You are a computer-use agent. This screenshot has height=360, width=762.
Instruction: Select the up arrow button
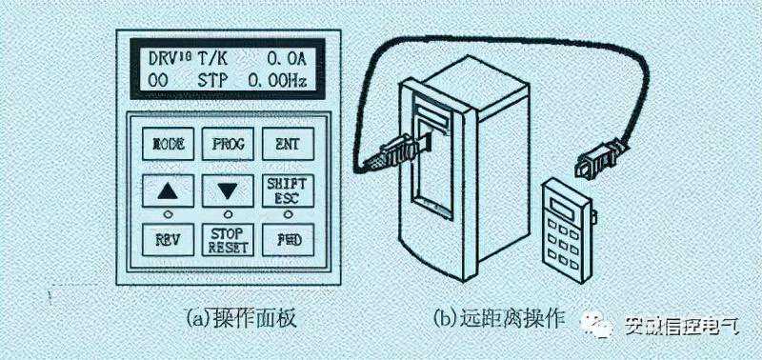coord(169,190)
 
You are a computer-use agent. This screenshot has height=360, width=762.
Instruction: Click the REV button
coord(169,239)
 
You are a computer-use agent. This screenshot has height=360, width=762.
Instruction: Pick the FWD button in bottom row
coord(285,239)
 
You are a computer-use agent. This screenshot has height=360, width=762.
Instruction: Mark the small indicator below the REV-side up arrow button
coord(169,211)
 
